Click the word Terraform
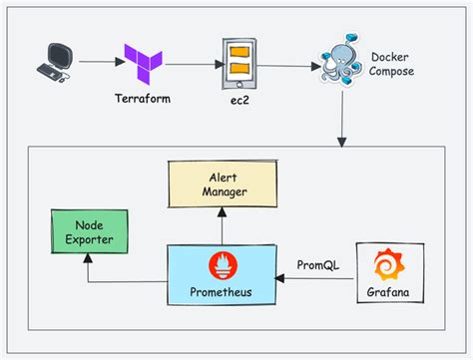(143, 101)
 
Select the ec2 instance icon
(238, 61)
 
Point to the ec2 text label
(238, 101)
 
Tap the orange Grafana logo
(384, 265)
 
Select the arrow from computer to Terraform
(97, 63)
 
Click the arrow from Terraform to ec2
(192, 63)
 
